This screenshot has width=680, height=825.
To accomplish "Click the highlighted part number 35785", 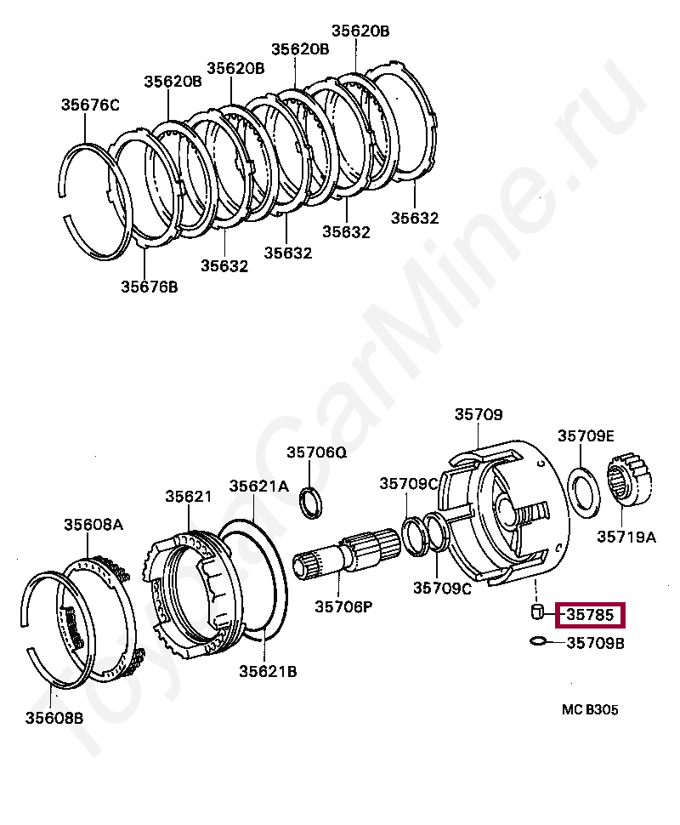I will tap(590, 614).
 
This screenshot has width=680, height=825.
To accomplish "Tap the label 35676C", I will tap(90, 105).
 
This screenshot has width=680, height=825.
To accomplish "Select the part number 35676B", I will tap(149, 287).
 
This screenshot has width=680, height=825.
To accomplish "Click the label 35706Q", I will tap(316, 452).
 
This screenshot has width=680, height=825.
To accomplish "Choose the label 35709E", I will tap(586, 435).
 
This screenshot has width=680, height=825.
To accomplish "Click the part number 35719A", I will tap(626, 537).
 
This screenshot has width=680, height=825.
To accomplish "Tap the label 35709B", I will tap(596, 643).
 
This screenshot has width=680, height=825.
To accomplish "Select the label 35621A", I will tap(258, 486).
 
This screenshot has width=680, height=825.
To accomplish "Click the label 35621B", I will tap(268, 671).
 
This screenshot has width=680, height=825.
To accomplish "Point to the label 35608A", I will tap(93, 525).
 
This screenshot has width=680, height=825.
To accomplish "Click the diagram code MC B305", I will tap(589, 709).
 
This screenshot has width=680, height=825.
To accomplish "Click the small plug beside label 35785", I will tap(537, 612).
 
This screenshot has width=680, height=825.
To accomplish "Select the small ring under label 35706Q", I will tap(312, 503).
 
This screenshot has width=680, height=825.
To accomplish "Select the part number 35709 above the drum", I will tap(478, 415).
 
